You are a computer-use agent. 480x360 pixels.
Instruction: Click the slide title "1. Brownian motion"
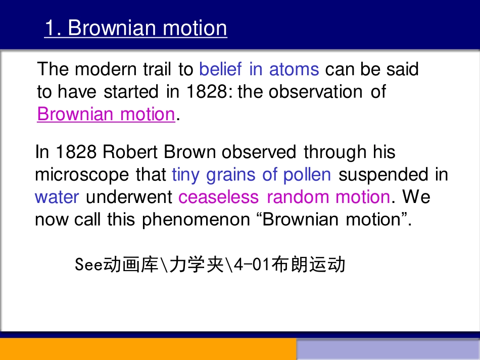(135, 28)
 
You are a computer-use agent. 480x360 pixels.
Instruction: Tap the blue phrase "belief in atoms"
(259, 69)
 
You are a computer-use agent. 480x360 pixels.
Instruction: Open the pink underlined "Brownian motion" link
(106, 114)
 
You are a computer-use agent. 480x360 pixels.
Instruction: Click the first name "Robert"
(133, 152)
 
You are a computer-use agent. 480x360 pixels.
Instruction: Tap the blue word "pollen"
(307, 175)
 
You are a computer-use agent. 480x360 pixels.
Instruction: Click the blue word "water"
(57, 197)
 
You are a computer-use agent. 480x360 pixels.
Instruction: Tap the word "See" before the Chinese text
(88, 265)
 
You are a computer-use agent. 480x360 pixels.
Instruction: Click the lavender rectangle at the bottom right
(388, 350)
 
